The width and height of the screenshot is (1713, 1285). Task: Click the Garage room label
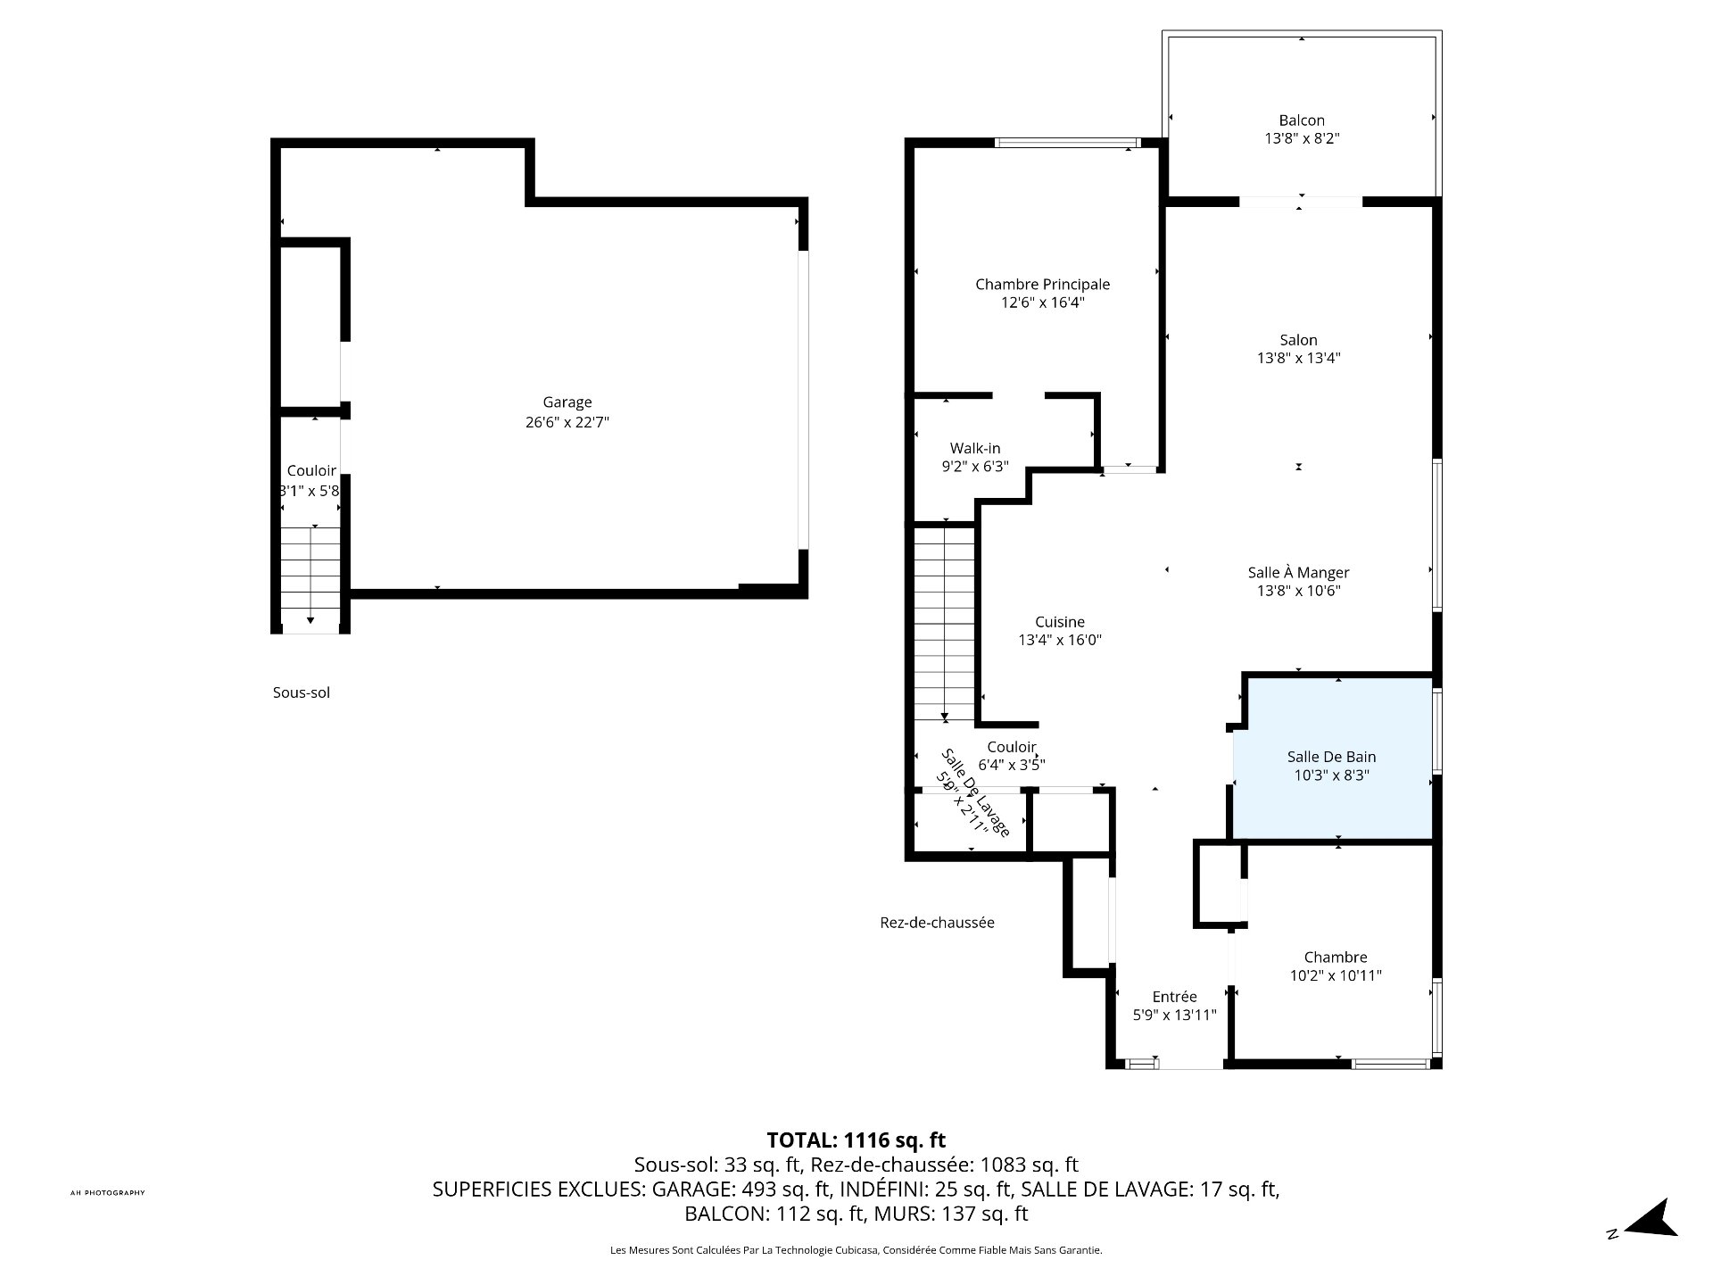567,402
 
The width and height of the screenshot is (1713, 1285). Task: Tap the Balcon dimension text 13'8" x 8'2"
1302,139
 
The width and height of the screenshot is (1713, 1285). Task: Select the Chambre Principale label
1042,285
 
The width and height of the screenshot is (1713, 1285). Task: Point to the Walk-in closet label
974,448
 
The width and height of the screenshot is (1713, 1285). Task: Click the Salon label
1298,340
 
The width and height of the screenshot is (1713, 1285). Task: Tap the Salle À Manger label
1298,573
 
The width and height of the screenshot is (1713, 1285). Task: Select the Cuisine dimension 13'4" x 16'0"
1060,640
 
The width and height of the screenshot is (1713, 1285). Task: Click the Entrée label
1174,997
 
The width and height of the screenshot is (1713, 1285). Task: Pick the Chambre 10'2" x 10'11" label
1335,966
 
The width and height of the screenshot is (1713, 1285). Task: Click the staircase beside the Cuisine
944,624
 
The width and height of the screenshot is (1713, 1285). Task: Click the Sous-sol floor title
302,692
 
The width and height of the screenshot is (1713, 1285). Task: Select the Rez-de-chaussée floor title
937,923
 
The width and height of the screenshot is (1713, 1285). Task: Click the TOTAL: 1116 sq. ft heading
856,1140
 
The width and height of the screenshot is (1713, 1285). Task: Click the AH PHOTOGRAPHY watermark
107,1193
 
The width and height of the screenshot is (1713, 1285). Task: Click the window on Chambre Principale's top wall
1067,142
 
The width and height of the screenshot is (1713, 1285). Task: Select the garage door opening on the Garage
803,400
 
